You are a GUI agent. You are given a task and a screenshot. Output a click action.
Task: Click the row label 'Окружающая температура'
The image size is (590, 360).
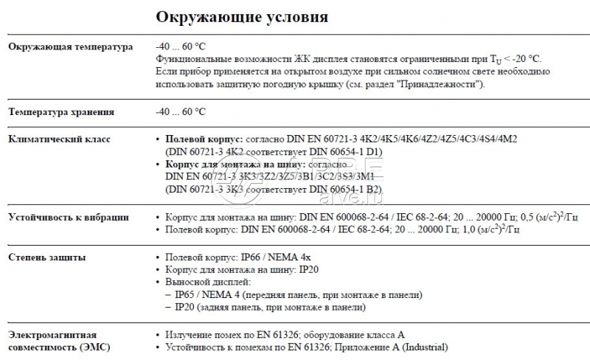pyautogui.click(x=70, y=46)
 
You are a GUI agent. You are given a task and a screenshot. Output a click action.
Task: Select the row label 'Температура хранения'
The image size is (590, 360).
pyautogui.click(x=60, y=112)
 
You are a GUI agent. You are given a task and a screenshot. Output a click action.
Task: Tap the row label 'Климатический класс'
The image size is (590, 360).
pyautogui.click(x=60, y=139)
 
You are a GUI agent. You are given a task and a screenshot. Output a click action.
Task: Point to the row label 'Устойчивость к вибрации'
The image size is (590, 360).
pyautogui.click(x=69, y=218)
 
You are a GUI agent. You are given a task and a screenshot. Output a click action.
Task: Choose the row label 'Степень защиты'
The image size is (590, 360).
pyautogui.click(x=45, y=257)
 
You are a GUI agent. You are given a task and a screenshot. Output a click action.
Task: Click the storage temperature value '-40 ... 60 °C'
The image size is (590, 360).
pyautogui.click(x=181, y=112)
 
